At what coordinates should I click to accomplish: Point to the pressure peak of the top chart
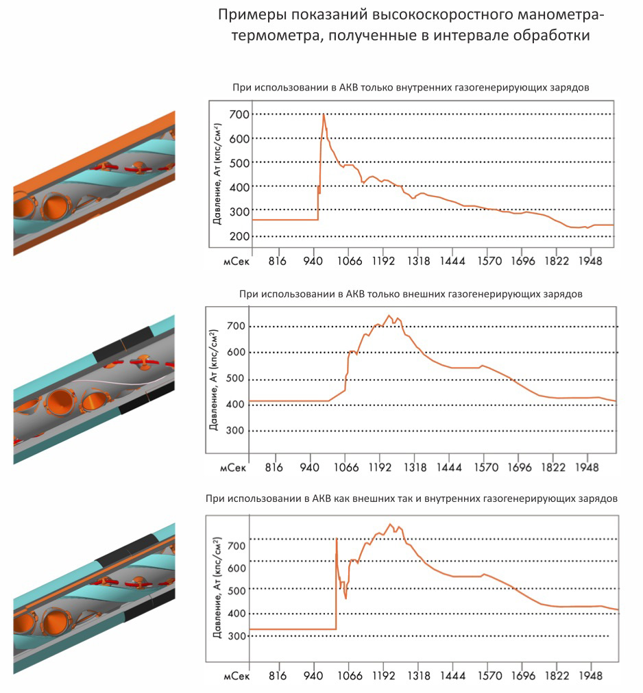pyautogui.click(x=324, y=115)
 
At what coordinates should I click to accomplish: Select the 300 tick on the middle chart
pyautogui.click(x=236, y=431)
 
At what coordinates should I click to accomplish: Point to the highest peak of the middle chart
pyautogui.click(x=389, y=316)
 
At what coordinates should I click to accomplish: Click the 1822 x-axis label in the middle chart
pyautogui.click(x=553, y=468)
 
